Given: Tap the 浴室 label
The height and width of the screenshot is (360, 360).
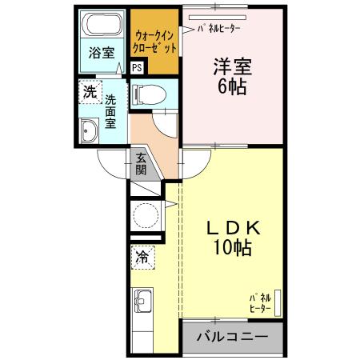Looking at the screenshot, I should click(102, 53).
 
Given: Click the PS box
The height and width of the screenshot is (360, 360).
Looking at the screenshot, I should click(137, 69).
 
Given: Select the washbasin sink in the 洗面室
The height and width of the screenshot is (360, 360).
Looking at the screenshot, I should click(90, 130).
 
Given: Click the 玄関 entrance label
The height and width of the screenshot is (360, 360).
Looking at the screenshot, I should click(141, 163).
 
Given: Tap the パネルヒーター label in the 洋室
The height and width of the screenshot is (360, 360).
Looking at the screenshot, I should click(218, 29).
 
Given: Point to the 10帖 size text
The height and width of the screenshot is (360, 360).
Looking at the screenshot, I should click(232, 249).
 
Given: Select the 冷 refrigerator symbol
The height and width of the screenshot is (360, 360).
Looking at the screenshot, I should click(143, 258).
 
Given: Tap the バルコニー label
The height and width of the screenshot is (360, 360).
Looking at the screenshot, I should click(232, 338).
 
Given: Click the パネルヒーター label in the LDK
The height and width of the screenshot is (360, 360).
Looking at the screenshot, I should click(259, 302).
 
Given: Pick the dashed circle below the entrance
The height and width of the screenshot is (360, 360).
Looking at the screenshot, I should click(146, 215).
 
